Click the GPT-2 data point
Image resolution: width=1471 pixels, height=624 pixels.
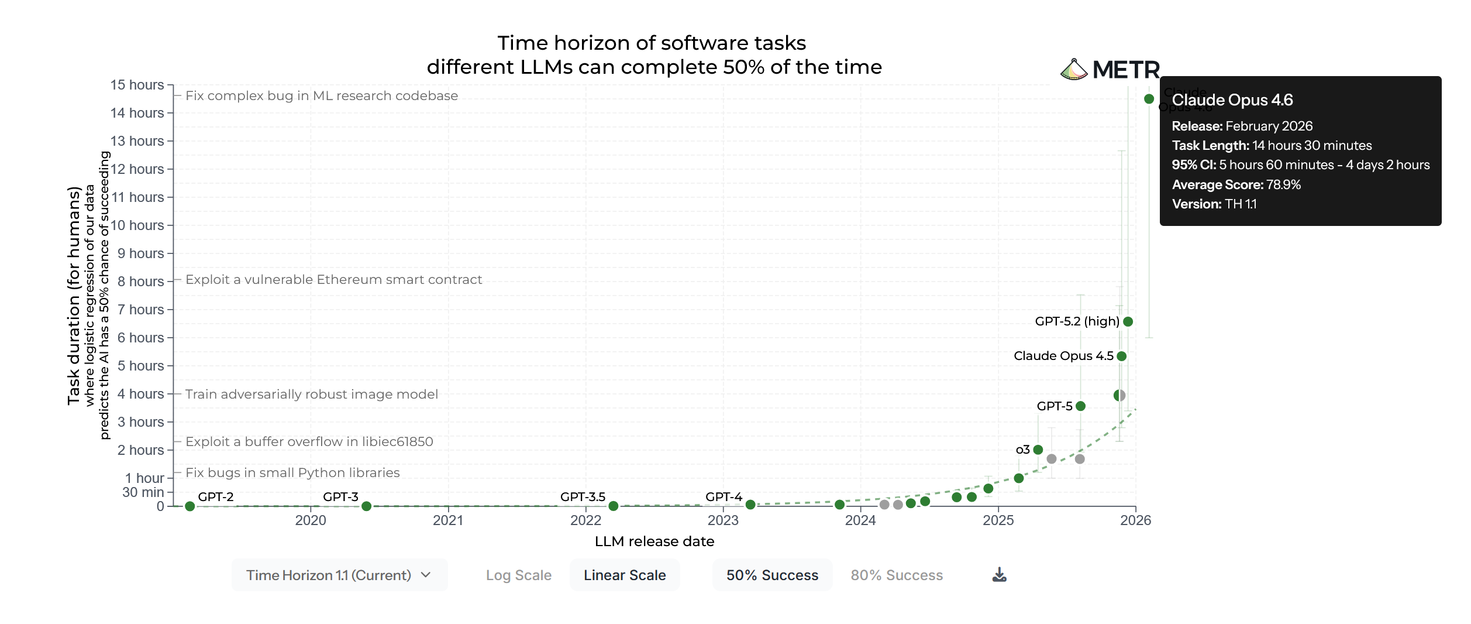pos(190,506)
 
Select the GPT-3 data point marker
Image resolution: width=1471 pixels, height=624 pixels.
pos(366,506)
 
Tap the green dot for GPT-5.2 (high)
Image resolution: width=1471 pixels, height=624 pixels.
pos(1128,321)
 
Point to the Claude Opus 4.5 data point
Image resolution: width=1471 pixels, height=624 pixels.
pos(1121,356)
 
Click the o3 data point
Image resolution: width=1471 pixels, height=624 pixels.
pos(1038,450)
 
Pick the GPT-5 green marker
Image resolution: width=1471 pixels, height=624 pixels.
pos(1081,406)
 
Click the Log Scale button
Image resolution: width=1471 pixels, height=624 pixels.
pos(518,575)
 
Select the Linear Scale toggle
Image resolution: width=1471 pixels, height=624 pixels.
pos(625,575)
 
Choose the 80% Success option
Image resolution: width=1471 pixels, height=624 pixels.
pos(897,575)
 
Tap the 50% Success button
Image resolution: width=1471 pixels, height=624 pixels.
pos(772,575)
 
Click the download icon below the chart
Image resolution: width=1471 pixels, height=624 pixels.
pos(1000,575)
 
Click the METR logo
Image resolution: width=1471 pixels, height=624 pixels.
pos(1110,70)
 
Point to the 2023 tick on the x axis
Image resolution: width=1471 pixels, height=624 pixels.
pos(723,520)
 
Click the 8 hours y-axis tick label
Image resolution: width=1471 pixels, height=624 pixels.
pos(140,282)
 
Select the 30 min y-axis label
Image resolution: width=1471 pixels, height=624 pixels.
pos(143,492)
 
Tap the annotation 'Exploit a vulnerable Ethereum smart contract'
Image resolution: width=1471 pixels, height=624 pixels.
pos(333,280)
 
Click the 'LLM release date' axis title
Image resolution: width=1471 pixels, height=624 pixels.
pos(654,541)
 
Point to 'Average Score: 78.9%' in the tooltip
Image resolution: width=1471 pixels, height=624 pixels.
pos(1236,185)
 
